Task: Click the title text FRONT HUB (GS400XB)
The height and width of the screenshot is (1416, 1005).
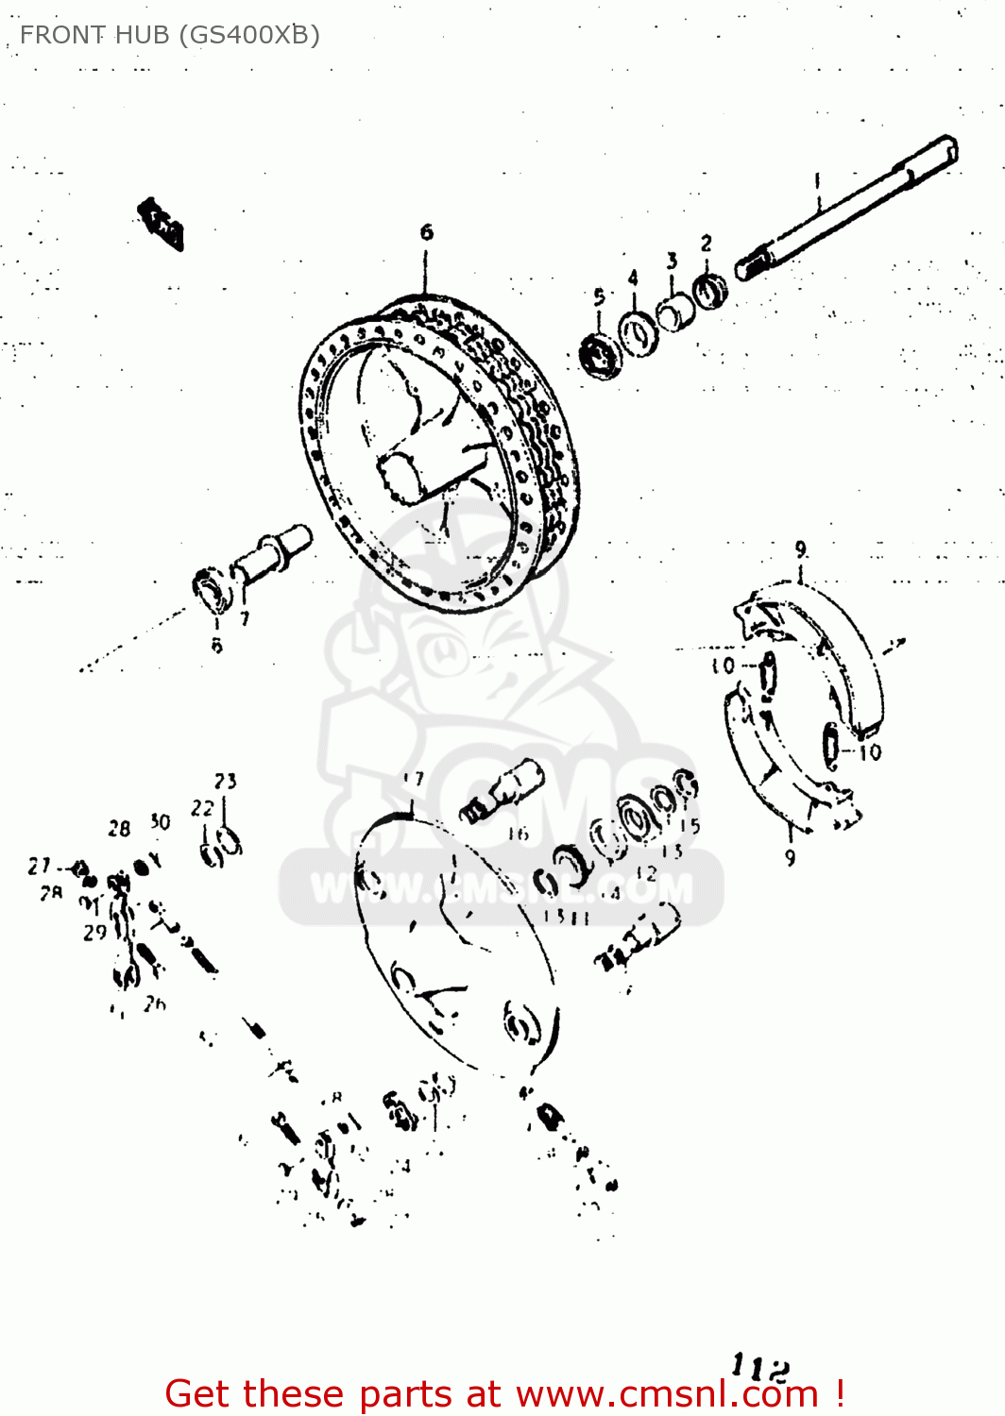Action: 170,35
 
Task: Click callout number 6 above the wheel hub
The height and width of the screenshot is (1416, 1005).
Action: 427,231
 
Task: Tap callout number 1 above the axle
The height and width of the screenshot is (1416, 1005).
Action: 818,178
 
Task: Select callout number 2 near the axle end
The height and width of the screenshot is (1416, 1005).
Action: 707,244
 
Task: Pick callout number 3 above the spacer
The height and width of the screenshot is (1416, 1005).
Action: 672,260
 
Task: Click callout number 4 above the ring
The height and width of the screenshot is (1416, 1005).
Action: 633,277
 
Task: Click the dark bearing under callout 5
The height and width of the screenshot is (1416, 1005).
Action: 598,356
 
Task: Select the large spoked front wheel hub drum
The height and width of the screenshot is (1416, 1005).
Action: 439,453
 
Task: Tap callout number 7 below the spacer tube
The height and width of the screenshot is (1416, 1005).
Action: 245,619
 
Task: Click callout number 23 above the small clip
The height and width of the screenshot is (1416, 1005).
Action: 225,781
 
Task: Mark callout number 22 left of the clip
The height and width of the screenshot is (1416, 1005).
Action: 202,808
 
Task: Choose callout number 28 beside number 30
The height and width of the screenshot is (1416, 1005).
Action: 119,829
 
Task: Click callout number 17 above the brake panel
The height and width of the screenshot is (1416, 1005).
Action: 413,780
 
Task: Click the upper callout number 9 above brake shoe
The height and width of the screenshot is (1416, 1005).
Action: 801,549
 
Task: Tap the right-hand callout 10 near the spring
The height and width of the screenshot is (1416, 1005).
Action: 870,752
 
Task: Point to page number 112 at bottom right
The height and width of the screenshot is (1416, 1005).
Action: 760,1366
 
